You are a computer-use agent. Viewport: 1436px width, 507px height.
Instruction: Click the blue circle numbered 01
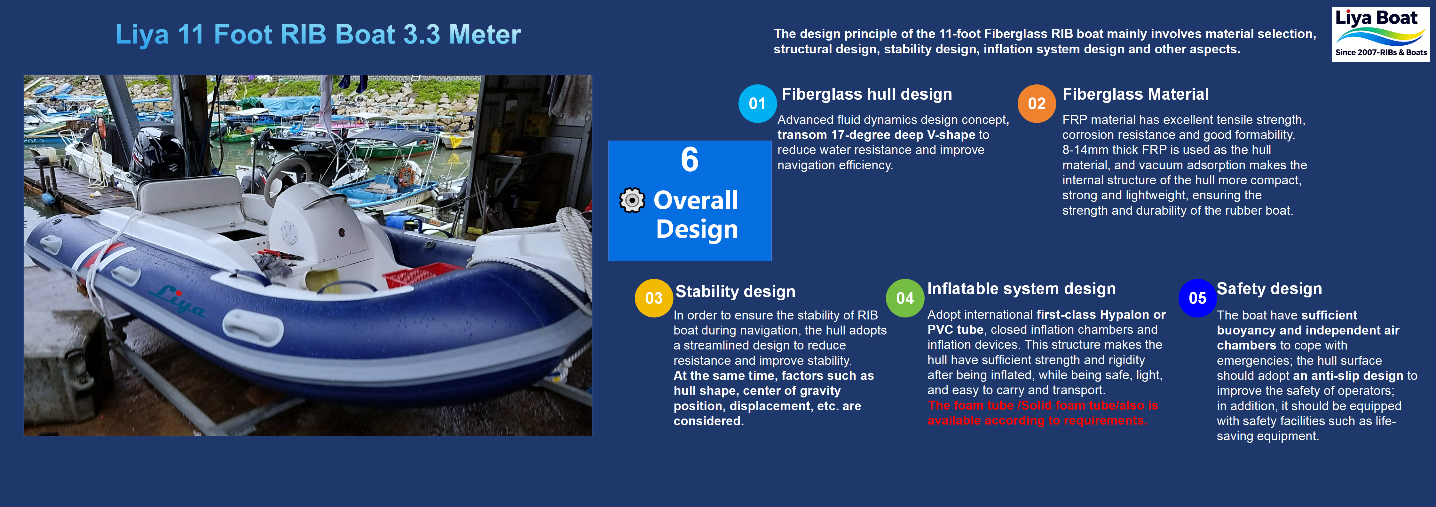pyautogui.click(x=757, y=104)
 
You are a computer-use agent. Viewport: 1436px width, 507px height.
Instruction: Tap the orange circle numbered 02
pyautogui.click(x=1036, y=104)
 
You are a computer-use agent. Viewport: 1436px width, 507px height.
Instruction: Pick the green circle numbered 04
pyautogui.click(x=905, y=298)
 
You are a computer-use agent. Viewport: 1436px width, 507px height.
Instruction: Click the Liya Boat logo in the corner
pyautogui.click(x=1380, y=34)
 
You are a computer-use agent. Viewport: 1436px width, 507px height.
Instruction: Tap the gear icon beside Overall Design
pyautogui.click(x=632, y=201)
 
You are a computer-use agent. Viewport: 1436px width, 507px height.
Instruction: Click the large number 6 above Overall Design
pyautogui.click(x=690, y=160)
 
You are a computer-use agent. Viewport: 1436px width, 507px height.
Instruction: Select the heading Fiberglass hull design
pyautogui.click(x=866, y=94)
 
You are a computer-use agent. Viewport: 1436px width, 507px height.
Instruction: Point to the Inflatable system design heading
pyautogui.click(x=1021, y=288)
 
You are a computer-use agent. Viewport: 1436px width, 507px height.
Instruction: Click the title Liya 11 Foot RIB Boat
pyautogui.click(x=318, y=35)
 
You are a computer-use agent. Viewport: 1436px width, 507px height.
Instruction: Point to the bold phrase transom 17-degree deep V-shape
pyautogui.click(x=876, y=135)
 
